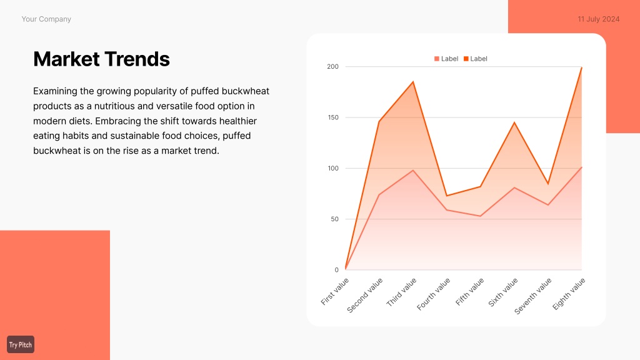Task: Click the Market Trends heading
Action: tap(101, 59)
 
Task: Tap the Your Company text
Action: tap(46, 19)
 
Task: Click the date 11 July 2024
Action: tap(598, 19)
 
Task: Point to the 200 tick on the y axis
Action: tap(332, 66)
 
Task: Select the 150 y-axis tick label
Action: tap(332, 117)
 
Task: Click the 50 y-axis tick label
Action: tap(334, 219)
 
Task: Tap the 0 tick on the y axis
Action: tap(336, 270)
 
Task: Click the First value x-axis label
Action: tap(335, 291)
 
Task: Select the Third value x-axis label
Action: tap(401, 292)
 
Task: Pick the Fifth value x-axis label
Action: tap(469, 291)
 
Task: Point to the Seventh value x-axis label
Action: tap(532, 296)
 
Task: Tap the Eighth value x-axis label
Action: tap(569, 294)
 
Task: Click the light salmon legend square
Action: tap(437, 59)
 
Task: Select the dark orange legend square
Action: tap(466, 59)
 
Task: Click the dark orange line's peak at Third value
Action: tap(413, 82)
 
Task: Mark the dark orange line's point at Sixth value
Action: tap(514, 122)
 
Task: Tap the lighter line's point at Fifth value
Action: tap(481, 216)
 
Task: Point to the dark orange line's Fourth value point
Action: tap(447, 196)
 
